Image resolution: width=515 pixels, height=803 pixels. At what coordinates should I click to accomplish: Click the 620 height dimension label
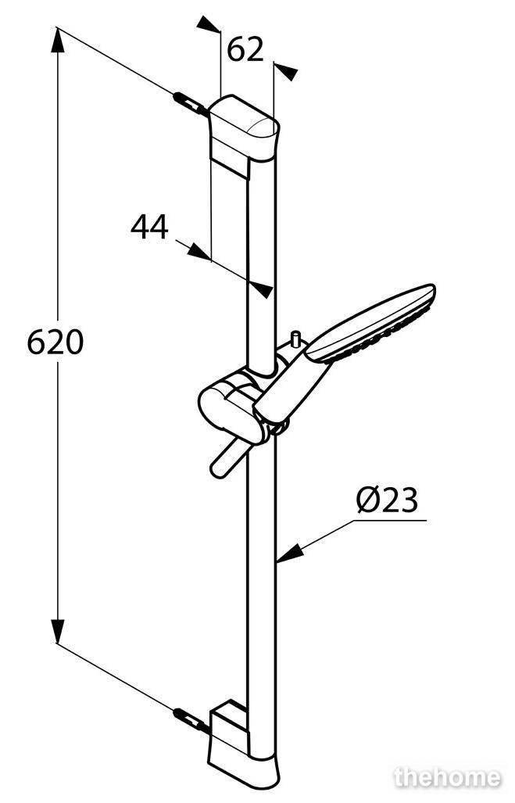click(55, 342)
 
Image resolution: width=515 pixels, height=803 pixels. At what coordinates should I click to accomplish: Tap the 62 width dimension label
click(245, 50)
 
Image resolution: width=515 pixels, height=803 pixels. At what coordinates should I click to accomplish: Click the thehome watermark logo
click(448, 778)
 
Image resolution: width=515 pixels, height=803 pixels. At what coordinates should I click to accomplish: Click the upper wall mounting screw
click(191, 102)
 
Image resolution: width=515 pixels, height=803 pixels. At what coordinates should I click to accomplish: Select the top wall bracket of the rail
click(245, 134)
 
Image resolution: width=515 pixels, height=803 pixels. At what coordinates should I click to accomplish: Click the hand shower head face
click(373, 323)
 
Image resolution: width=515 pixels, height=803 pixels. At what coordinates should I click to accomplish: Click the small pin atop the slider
click(295, 340)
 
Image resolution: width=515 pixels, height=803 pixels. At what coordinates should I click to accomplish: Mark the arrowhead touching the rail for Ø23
click(288, 555)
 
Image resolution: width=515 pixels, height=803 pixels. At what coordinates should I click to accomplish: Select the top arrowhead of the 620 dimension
click(57, 39)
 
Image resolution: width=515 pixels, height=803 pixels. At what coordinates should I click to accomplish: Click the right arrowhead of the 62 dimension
click(286, 71)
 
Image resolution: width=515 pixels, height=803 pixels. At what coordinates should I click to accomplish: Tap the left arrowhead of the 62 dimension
click(209, 24)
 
